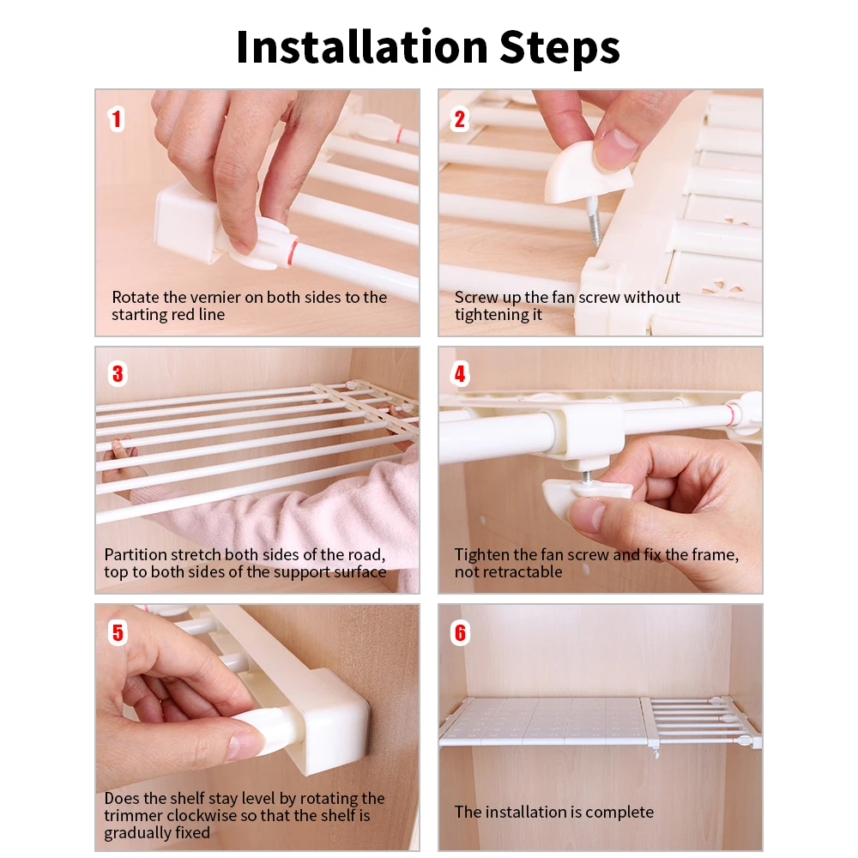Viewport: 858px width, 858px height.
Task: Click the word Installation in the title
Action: (x=362, y=46)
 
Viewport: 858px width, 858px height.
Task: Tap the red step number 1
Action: (x=116, y=119)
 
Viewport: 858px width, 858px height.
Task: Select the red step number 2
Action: (x=460, y=119)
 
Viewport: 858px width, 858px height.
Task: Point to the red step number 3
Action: (x=118, y=374)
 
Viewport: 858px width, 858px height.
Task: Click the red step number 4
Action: (x=460, y=374)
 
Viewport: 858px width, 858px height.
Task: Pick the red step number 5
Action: (x=118, y=633)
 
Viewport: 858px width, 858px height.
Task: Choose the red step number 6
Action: (x=460, y=633)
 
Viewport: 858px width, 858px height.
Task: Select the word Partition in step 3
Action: (x=136, y=555)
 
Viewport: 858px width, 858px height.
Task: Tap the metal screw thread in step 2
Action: (x=595, y=221)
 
